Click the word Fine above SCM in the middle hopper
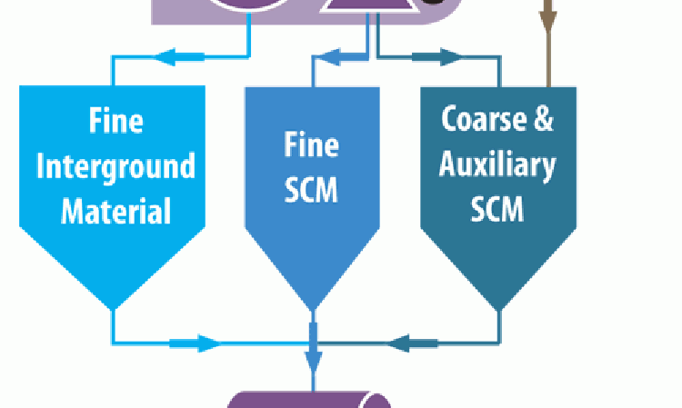pos(313,144)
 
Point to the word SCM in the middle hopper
pos(313,190)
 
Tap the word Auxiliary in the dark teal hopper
pos(496,165)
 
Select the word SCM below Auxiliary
pos(496,210)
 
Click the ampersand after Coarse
pos(542,120)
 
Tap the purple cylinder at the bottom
pos(309,400)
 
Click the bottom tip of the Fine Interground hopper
pos(113,307)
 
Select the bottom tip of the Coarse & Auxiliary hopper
pos(498,307)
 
